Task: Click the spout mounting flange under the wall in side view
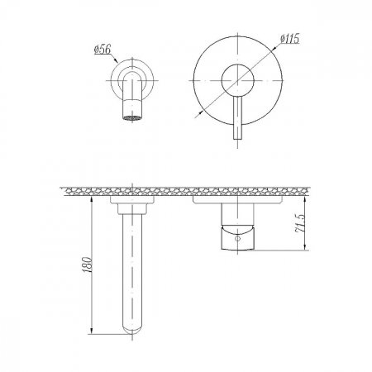pos(132,200)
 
